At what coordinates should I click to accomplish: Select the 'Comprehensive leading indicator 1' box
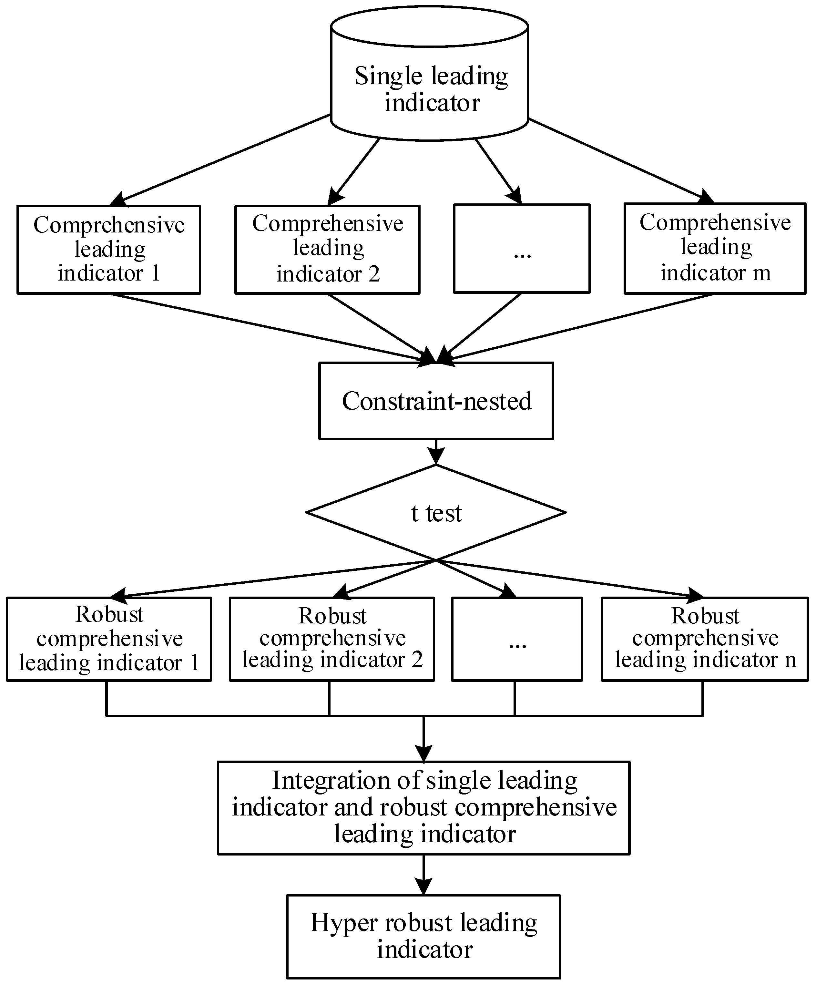pyautogui.click(x=109, y=249)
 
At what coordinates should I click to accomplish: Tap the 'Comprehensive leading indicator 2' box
pyautogui.click(x=327, y=249)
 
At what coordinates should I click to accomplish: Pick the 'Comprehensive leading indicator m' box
pyautogui.click(x=715, y=248)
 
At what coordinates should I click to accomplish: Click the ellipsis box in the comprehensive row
pyautogui.click(x=521, y=248)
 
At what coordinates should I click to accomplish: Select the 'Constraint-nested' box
pyautogui.click(x=436, y=401)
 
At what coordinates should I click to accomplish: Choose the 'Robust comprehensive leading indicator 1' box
pyautogui.click(x=109, y=639)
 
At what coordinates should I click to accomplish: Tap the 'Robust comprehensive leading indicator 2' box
pyautogui.click(x=331, y=639)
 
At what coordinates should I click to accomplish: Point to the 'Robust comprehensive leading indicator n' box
pyautogui.click(x=705, y=639)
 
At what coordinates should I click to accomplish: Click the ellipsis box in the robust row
pyautogui.click(x=517, y=639)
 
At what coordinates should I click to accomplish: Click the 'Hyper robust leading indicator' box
pyautogui.click(x=423, y=937)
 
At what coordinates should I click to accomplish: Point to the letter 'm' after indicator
pyautogui.click(x=761, y=273)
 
